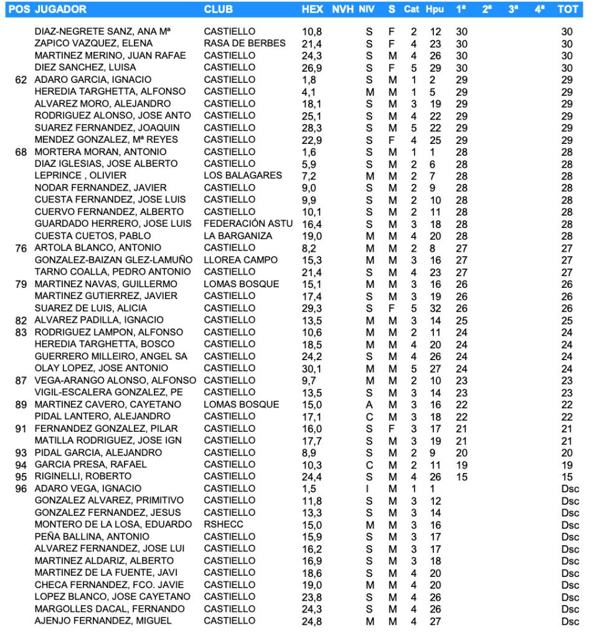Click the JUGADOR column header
tap(61, 9)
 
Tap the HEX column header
tap(312, 9)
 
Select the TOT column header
tap(567, 9)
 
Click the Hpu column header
tap(435, 9)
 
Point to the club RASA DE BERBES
tap(245, 44)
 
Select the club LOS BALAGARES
tap(243, 176)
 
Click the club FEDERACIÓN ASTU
tap(248, 224)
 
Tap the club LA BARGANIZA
tap(238, 236)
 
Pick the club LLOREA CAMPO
tap(240, 260)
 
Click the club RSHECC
tap(224, 525)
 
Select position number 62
tap(21, 80)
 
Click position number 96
tap(21, 488)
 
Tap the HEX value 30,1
tap(311, 368)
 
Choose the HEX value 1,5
tap(309, 488)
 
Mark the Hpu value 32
tap(435, 308)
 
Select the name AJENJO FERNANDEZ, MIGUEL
tap(103, 621)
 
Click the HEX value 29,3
tap(311, 308)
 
